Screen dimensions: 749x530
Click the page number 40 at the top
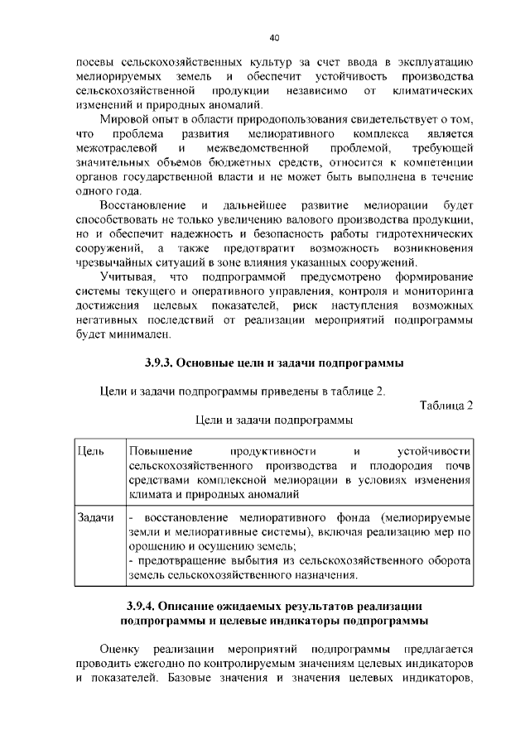(x=274, y=37)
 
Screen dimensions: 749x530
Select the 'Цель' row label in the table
(x=89, y=451)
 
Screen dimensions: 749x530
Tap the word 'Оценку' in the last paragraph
(x=120, y=648)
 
